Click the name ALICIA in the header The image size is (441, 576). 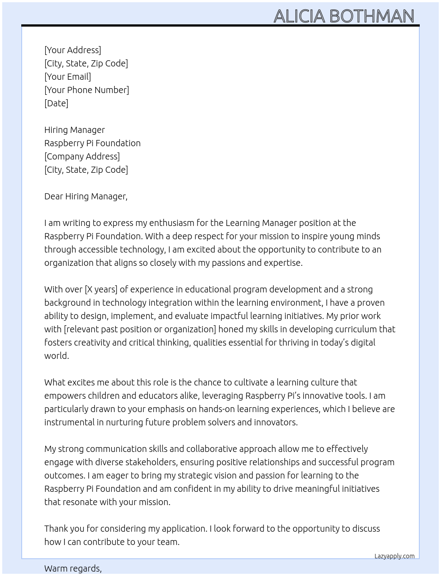click(299, 16)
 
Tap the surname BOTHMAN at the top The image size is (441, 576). click(371, 16)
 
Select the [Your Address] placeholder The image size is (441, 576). click(73, 50)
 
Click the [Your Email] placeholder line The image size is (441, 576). click(68, 77)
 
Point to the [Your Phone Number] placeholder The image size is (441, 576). click(87, 90)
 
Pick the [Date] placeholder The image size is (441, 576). click(56, 103)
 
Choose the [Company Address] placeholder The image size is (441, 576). click(82, 156)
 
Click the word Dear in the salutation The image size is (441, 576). click(54, 196)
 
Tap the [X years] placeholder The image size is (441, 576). click(101, 289)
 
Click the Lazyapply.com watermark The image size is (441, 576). click(395, 556)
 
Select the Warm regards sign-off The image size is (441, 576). click(73, 568)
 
